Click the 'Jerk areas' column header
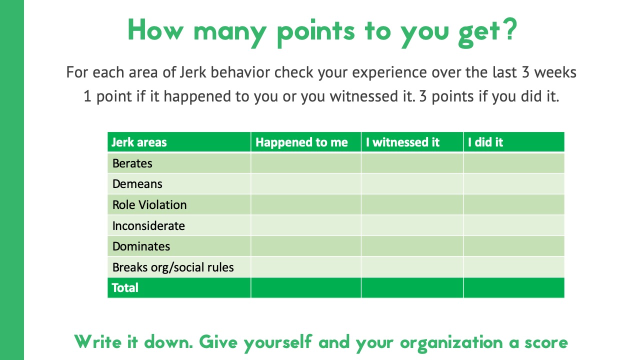(139, 142)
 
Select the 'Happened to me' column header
(301, 142)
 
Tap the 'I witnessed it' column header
(402, 142)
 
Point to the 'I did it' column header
(485, 142)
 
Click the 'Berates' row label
(132, 163)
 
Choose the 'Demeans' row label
(137, 184)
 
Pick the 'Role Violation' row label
(149, 205)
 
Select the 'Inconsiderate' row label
(148, 225)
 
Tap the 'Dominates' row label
(141, 246)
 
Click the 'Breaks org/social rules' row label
(173, 267)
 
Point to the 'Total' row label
(125, 287)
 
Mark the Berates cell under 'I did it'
(513, 163)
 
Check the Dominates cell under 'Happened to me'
(306, 246)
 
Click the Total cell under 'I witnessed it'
(412, 287)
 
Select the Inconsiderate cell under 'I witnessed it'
(412, 225)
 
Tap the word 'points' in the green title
(316, 33)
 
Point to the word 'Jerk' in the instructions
(193, 72)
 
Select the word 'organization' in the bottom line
(451, 344)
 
